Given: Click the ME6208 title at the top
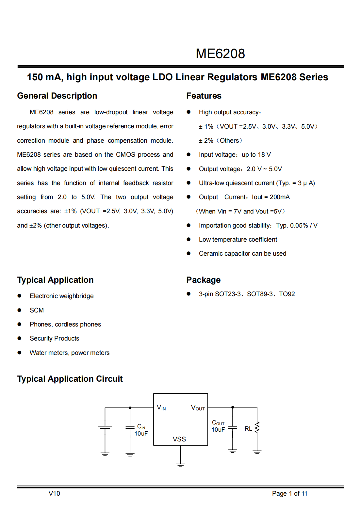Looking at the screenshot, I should click(x=220, y=54).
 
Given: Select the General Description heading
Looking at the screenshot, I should click(x=57, y=96).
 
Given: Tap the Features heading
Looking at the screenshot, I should click(x=204, y=96).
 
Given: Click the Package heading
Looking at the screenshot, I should click(x=203, y=280).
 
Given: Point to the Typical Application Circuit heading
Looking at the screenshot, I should click(x=70, y=379).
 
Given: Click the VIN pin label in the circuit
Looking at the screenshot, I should click(x=161, y=407).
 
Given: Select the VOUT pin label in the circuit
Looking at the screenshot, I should click(x=198, y=408).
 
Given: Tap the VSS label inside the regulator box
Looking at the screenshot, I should click(x=179, y=439).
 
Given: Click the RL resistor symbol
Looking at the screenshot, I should click(x=257, y=427).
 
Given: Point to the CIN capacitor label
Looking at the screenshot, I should click(x=141, y=427).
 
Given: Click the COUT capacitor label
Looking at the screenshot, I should click(x=218, y=423).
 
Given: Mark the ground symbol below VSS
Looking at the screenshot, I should click(x=180, y=465).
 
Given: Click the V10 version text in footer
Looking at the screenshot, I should click(x=54, y=493).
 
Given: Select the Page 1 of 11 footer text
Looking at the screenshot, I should click(x=289, y=493).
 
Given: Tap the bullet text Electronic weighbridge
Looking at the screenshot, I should click(x=61, y=296).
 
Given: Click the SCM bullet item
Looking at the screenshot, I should click(x=37, y=310).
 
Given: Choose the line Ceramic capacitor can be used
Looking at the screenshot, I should click(x=242, y=253).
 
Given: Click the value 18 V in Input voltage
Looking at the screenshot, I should click(x=264, y=154).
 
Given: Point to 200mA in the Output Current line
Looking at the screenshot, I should click(x=280, y=197).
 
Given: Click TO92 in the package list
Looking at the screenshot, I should click(x=287, y=294).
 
